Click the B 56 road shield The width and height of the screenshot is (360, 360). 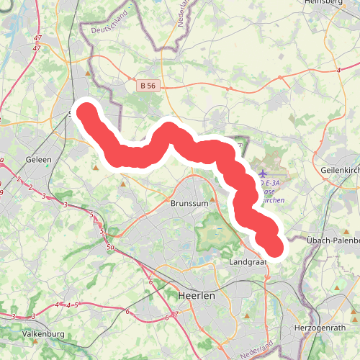click(148, 86)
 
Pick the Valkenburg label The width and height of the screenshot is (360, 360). click(44, 334)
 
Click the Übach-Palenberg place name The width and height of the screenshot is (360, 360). click(332, 240)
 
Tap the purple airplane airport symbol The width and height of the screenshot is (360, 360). click(262, 174)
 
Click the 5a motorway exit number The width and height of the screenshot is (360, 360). click(111, 248)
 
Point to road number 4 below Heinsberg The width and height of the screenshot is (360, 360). click(338, 71)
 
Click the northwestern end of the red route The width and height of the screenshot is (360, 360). click(87, 112)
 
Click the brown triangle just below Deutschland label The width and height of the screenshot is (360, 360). click(88, 73)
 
